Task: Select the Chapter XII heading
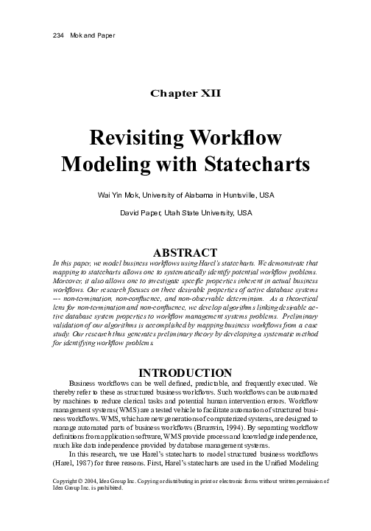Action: pyautogui.click(x=185, y=94)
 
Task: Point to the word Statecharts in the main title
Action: pyautogui.click(x=252, y=163)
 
